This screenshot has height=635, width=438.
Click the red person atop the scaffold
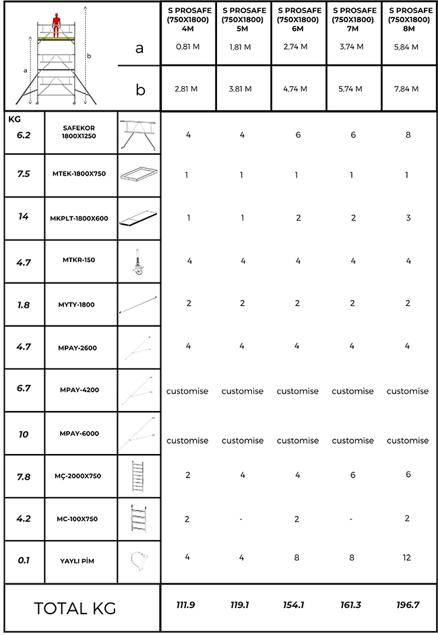click(x=57, y=24)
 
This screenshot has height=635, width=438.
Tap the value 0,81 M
click(x=188, y=47)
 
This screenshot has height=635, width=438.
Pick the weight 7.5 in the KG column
click(x=23, y=172)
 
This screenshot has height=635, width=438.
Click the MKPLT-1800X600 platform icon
click(x=139, y=218)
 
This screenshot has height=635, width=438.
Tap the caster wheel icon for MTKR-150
click(x=139, y=262)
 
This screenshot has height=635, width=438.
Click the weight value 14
click(x=23, y=217)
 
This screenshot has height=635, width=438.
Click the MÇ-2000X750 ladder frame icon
click(x=139, y=476)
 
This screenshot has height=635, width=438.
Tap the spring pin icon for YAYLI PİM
click(x=139, y=560)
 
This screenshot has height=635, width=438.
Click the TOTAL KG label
click(x=75, y=608)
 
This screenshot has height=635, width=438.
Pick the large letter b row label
click(x=139, y=89)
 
